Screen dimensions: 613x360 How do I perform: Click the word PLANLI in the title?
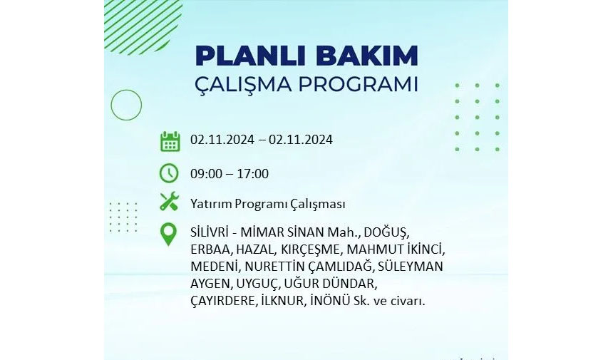click(x=252, y=56)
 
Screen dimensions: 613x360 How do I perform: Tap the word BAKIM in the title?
click(x=367, y=56)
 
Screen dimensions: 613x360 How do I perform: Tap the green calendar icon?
click(x=170, y=141)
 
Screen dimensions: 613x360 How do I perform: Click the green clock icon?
click(x=169, y=173)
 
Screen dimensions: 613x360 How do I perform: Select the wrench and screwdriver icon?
click(x=169, y=202)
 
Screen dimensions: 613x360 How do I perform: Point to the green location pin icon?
click(x=168, y=235)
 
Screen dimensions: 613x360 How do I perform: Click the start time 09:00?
click(x=206, y=173)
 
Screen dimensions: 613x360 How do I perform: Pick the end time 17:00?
click(x=252, y=173)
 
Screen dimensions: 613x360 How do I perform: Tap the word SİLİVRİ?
click(x=209, y=232)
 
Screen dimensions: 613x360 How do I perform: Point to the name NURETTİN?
click(x=274, y=266)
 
